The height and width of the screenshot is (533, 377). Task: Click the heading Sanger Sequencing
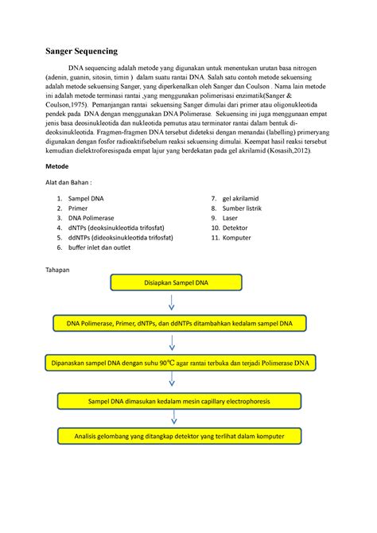[80, 51]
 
